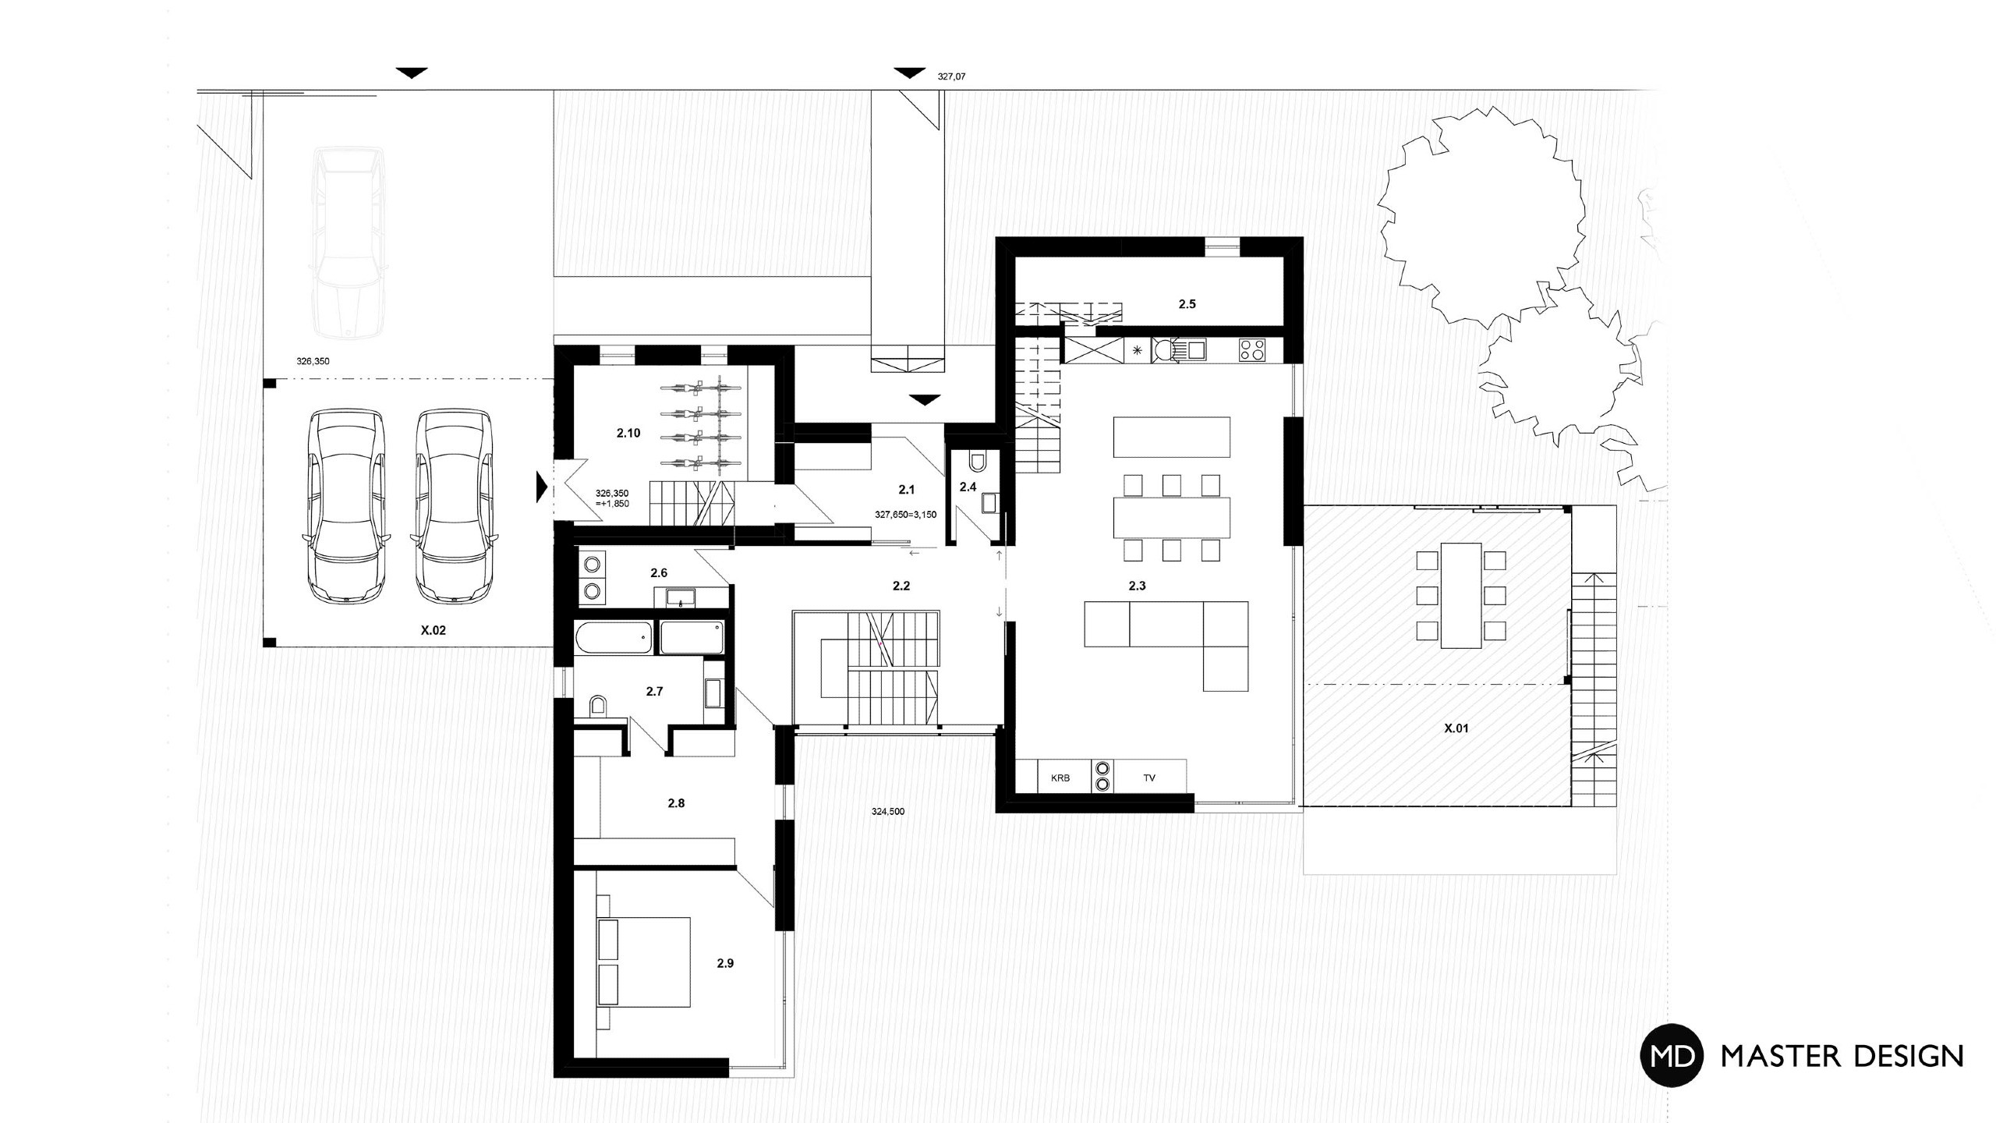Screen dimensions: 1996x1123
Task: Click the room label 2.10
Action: (628, 433)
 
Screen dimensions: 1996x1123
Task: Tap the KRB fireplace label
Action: (1060, 778)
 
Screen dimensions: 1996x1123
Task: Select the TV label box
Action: (1150, 777)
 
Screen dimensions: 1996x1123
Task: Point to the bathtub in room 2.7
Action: (614, 638)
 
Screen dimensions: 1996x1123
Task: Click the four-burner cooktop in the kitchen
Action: (1252, 349)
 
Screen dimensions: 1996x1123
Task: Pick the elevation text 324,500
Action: (888, 811)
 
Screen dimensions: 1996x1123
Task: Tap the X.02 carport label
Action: (434, 630)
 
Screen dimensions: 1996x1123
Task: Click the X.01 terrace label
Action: (1456, 728)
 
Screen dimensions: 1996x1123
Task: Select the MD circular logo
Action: (1672, 1055)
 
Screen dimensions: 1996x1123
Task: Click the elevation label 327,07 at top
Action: (951, 77)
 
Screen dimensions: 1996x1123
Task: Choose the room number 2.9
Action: (725, 963)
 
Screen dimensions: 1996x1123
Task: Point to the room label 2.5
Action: (1187, 304)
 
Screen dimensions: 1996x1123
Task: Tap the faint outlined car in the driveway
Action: (348, 243)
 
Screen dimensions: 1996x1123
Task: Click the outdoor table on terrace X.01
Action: (1461, 596)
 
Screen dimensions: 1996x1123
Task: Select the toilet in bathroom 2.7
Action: (599, 706)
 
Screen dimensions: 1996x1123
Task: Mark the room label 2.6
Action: (659, 573)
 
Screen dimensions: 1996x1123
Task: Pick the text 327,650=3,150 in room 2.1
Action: (906, 515)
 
